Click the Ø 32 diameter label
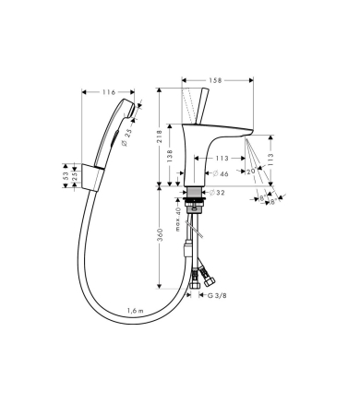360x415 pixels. click(x=218, y=194)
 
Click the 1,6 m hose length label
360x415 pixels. click(x=137, y=311)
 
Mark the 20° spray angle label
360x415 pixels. click(x=252, y=172)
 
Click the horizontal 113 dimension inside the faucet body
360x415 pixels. click(x=221, y=157)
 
